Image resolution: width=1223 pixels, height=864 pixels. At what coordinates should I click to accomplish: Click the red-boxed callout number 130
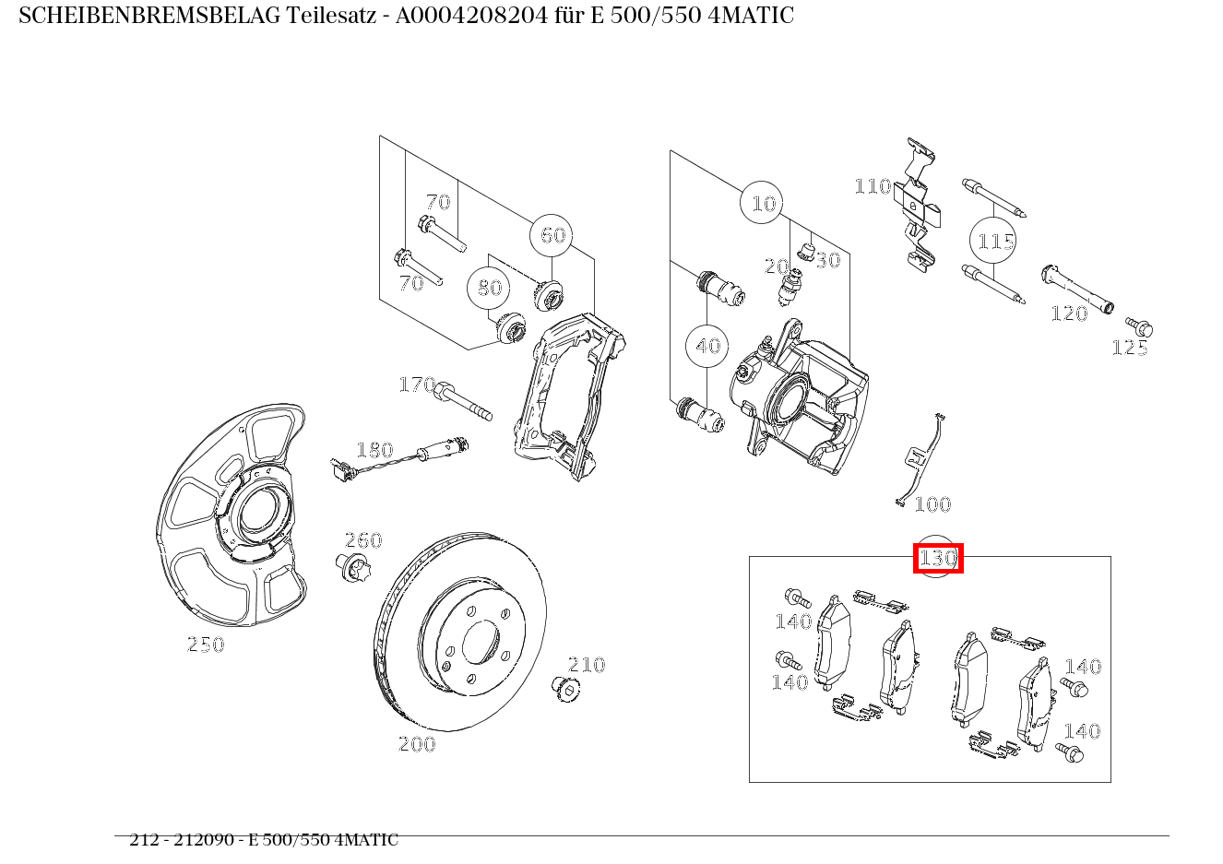tap(938, 558)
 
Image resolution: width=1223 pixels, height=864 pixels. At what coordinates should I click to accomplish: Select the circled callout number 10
tap(764, 204)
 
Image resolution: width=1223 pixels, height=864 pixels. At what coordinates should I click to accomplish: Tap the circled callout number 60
tap(552, 235)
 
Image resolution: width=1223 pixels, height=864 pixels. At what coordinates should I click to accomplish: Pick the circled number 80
tap(489, 288)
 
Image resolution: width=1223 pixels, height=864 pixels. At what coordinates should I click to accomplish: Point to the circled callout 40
tap(707, 346)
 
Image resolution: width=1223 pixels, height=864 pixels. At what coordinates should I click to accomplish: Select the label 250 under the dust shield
tap(206, 645)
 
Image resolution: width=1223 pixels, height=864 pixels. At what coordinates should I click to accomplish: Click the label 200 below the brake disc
tap(417, 744)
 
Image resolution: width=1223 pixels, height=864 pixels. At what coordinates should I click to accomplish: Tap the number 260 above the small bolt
tap(363, 540)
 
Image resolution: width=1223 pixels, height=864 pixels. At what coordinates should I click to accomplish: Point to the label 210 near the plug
tap(587, 665)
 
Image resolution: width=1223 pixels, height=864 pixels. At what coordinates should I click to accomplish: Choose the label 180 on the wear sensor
tap(374, 450)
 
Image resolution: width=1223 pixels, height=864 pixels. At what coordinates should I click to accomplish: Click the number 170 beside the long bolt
tap(417, 385)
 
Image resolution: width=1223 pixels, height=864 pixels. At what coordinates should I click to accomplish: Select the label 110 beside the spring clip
tap(873, 186)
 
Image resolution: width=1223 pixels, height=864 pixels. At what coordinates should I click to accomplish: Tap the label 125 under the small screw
tap(1130, 348)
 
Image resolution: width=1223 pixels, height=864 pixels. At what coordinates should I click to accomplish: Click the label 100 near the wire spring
tap(932, 503)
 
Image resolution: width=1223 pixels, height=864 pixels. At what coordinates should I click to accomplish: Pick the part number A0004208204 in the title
tap(471, 16)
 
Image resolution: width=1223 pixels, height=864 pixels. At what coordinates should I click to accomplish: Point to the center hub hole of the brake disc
tap(481, 643)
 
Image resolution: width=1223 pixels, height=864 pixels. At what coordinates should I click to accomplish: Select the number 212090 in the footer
tap(204, 839)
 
